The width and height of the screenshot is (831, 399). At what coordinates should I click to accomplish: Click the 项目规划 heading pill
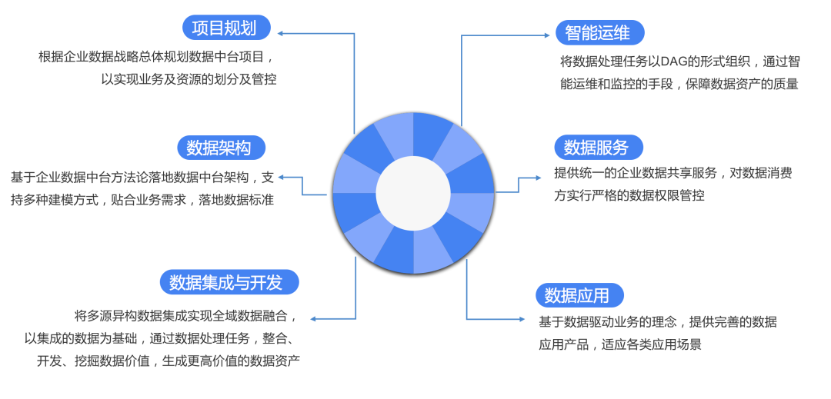229,28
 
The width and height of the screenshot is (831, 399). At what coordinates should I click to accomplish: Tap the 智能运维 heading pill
599,33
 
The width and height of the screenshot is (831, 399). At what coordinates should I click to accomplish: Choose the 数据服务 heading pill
598,147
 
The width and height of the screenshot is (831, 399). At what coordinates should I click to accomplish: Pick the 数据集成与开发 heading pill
229,282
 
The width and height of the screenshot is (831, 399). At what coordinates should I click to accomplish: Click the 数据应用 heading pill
579,295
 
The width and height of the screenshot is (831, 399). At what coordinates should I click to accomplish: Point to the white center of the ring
413,193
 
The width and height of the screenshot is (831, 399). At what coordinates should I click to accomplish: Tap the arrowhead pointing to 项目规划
282,33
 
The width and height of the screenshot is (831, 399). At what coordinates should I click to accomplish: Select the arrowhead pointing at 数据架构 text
282,177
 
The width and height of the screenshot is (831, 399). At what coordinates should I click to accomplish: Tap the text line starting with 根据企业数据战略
156,56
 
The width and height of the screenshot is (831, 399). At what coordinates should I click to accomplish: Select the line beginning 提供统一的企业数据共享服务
672,173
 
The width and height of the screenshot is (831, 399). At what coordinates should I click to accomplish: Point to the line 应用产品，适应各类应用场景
619,344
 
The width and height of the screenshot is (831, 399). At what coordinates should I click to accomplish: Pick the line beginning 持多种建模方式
142,200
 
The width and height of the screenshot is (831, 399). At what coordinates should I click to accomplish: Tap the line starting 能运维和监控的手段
679,85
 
